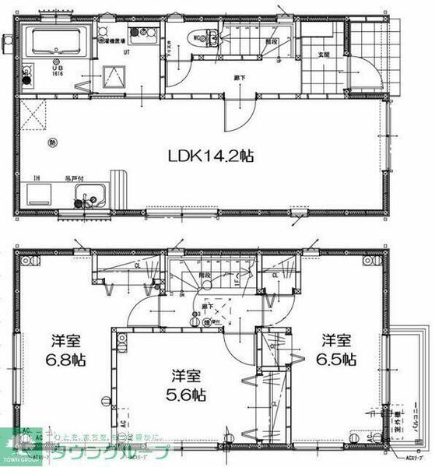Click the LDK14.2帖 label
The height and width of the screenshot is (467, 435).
click(211, 155)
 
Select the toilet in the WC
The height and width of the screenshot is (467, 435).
click(205, 36)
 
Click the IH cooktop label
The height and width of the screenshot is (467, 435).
click(36, 179)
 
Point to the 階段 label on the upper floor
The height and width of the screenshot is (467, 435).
click(205, 276)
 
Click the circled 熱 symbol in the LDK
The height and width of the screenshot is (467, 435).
click(51, 142)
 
